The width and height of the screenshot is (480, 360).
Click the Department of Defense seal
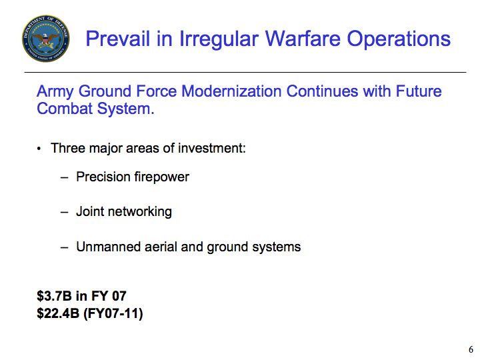tap(45, 38)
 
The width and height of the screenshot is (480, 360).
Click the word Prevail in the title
tap(118, 39)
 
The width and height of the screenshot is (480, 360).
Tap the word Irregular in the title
tap(219, 39)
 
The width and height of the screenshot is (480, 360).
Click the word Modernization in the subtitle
tap(231, 91)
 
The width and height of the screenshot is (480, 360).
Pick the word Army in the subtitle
tap(55, 92)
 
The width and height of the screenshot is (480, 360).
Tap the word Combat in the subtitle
tap(65, 109)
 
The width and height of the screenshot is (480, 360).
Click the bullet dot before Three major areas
tap(39, 149)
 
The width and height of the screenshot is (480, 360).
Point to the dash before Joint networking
tap(64, 211)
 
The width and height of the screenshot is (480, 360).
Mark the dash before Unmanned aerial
tap(64, 247)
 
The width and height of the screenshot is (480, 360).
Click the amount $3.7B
tap(55, 296)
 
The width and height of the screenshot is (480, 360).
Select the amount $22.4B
tap(58, 313)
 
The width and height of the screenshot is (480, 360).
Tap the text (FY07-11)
tap(113, 314)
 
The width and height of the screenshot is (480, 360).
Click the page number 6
tap(471, 349)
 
